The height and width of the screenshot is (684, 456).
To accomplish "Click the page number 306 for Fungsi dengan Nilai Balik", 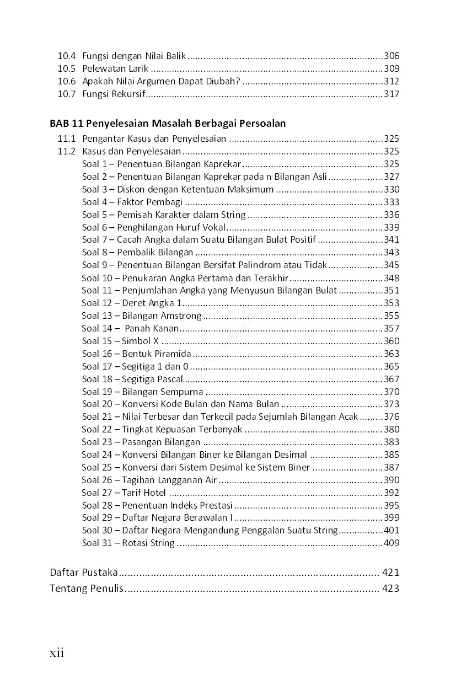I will click(x=391, y=56).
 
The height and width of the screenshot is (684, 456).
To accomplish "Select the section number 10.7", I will click(x=66, y=94).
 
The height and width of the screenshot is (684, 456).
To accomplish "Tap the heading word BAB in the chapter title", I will click(x=59, y=124).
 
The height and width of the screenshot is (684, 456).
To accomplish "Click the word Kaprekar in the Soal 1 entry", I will click(x=222, y=164).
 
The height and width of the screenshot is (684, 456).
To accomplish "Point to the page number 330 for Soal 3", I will click(x=391, y=189).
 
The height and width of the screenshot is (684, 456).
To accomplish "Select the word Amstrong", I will click(x=181, y=316).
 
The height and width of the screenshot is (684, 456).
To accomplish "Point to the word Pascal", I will click(x=170, y=379).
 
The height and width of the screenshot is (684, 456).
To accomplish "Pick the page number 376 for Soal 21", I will click(x=391, y=417).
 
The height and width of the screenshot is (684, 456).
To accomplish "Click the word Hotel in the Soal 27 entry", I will click(x=154, y=493).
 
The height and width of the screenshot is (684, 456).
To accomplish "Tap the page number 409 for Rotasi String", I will click(x=391, y=543).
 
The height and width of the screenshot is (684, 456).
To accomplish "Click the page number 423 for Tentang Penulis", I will click(x=390, y=588).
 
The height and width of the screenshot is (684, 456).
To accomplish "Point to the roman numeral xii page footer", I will click(x=57, y=654).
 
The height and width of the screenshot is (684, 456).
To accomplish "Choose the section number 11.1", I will click(x=66, y=138).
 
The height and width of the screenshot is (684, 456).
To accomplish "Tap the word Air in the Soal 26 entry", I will click(x=211, y=480).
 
